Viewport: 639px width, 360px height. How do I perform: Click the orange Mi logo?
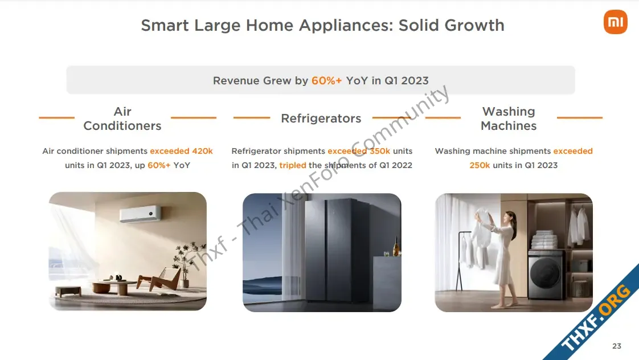pyautogui.click(x=615, y=22)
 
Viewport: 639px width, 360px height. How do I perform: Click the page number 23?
pyautogui.click(x=617, y=346)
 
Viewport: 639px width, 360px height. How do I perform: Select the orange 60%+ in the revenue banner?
pyautogui.click(x=326, y=81)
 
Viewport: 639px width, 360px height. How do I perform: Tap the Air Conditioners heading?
pyautogui.click(x=122, y=118)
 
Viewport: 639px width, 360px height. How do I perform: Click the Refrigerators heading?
pyautogui.click(x=321, y=118)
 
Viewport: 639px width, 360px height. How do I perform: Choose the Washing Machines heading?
pyautogui.click(x=509, y=118)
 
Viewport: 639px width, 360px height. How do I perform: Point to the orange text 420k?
pyautogui.click(x=203, y=151)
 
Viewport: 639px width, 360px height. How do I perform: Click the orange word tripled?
pyautogui.click(x=293, y=165)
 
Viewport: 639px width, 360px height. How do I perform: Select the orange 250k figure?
pyautogui.click(x=480, y=165)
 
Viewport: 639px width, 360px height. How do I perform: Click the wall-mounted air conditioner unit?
pyautogui.click(x=140, y=214)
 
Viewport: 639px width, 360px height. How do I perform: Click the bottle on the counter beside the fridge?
pyautogui.click(x=395, y=246)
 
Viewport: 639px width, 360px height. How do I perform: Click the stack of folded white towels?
pyautogui.click(x=544, y=240)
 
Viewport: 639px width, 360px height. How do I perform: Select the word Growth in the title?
pyautogui.click(x=474, y=25)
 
